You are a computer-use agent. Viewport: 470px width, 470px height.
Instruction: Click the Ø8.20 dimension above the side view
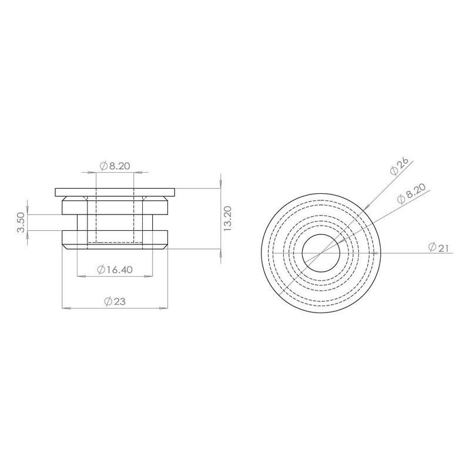pos(115,166)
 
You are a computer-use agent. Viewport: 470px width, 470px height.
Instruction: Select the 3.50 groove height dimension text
pos(21,223)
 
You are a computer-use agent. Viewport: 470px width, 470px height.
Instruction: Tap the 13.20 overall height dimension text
pos(228,218)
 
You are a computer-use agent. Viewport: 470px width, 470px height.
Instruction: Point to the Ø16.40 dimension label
pos(115,270)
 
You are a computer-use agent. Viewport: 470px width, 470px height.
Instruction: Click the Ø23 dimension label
pos(115,301)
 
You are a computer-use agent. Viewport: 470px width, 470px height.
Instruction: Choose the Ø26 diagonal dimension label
pos(399,167)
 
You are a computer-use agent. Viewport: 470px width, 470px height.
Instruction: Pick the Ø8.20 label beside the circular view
pos(411,194)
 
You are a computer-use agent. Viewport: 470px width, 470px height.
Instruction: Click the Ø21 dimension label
pos(438,247)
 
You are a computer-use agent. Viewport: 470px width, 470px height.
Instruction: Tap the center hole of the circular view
pos(321,253)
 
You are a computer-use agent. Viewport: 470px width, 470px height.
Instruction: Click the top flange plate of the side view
pos(115,193)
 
